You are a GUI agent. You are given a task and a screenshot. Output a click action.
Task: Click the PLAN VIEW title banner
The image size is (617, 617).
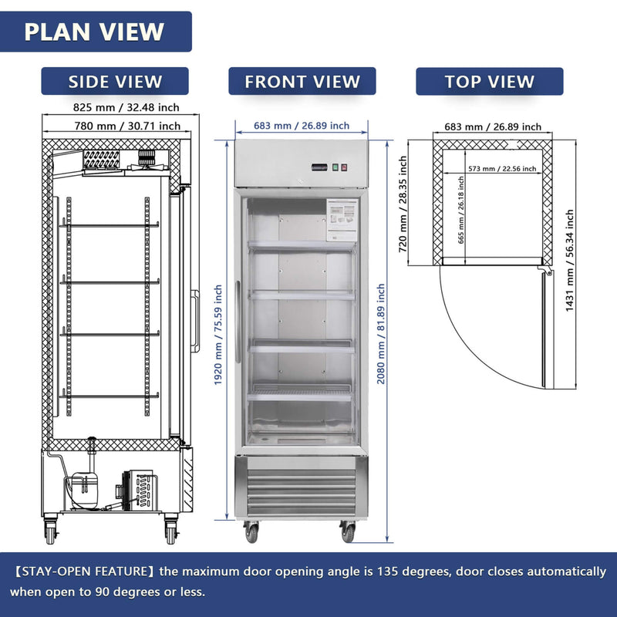(94, 32)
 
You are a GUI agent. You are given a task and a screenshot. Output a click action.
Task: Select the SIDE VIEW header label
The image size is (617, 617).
(115, 81)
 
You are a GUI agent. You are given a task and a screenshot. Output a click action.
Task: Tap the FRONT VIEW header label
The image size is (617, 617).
(302, 81)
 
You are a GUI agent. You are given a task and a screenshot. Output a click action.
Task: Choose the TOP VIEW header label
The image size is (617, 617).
(489, 81)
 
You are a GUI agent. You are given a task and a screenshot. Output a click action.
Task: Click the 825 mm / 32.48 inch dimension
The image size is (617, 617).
(116, 107)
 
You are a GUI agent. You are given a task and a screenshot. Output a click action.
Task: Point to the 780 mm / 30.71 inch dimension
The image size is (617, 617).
(116, 126)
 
